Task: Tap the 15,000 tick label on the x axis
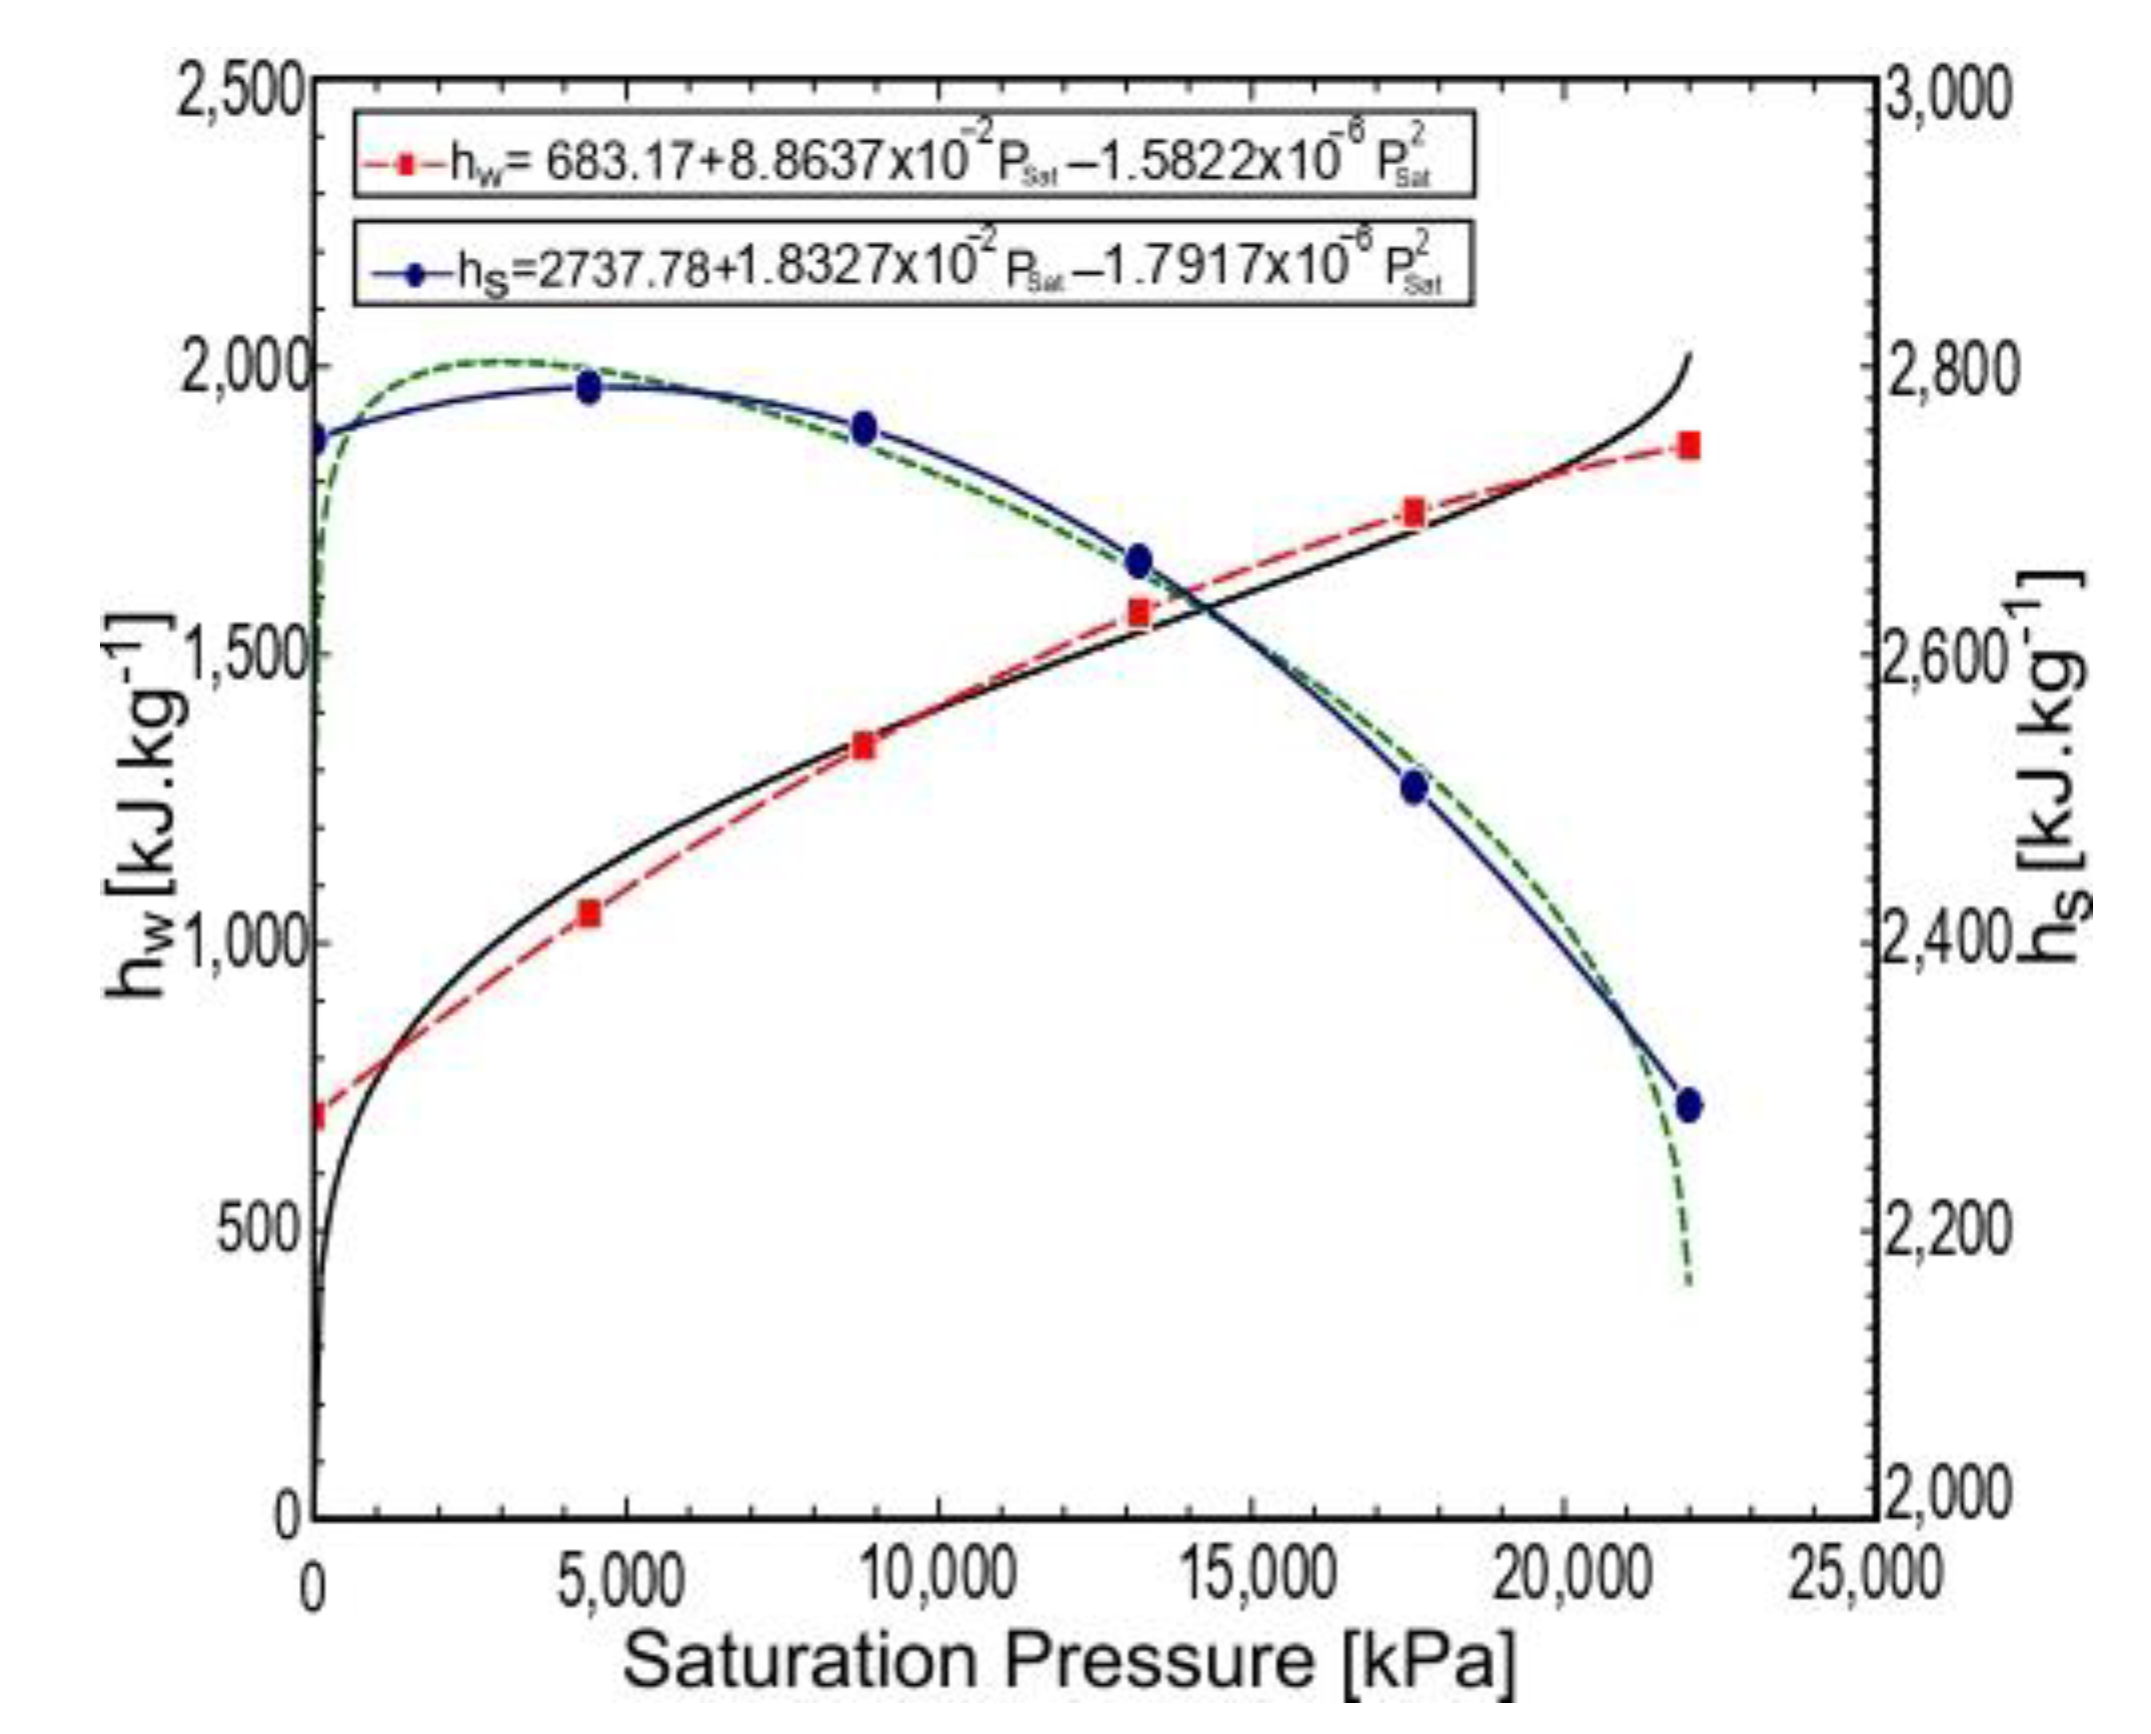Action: tap(1248, 1574)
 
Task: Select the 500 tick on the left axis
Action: tap(259, 1231)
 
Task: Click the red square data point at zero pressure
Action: tap(318, 1113)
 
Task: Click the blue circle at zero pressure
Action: tap(318, 439)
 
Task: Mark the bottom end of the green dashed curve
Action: tap(1688, 1284)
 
